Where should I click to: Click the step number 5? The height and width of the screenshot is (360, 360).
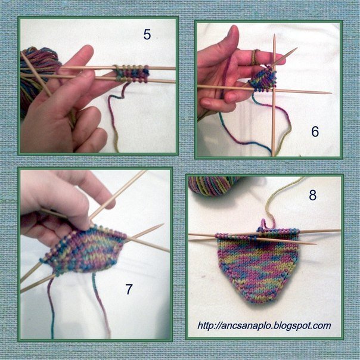(147, 35)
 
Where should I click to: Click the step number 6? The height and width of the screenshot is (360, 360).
(315, 132)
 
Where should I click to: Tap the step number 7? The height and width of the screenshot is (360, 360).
(129, 289)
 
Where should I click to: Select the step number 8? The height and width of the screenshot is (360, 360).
(313, 195)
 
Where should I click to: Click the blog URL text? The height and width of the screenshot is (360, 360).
(264, 326)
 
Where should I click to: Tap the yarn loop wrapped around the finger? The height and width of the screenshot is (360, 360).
(255, 57)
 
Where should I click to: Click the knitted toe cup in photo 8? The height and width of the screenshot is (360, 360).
(258, 266)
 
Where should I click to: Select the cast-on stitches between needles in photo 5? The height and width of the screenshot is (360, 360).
(132, 73)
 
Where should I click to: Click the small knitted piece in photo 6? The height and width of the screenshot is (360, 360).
(262, 79)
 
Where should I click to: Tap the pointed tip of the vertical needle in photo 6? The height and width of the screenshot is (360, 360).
(274, 35)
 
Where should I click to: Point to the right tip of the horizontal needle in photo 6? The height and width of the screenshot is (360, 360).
(331, 93)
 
